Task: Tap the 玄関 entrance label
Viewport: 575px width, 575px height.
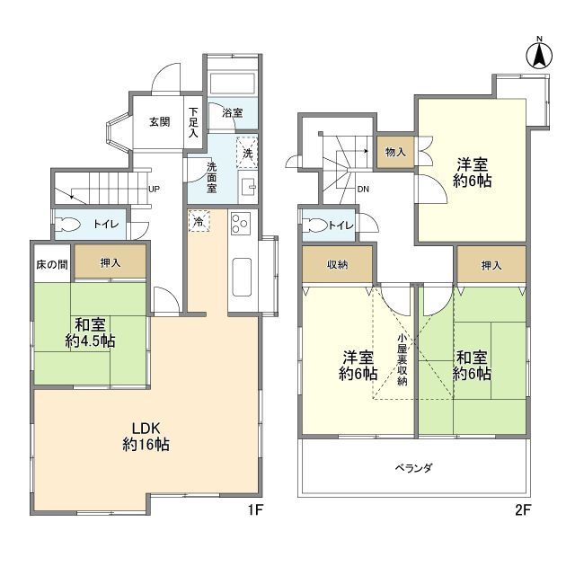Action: pos(160,121)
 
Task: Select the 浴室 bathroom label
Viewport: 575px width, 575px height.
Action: pos(232,112)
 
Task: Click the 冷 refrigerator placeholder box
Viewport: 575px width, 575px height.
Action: pos(199,221)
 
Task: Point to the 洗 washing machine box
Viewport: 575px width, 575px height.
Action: pos(247,153)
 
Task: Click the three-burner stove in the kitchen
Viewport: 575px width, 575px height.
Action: pos(241,224)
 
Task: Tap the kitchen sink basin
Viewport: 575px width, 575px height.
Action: pos(242,278)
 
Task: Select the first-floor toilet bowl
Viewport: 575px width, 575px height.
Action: pos(67,225)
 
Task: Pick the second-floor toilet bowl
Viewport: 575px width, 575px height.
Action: pos(315,226)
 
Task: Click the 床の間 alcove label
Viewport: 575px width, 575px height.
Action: pos(52,264)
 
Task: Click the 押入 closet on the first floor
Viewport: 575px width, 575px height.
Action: pos(111,261)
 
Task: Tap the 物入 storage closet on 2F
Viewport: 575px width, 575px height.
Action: pos(395,152)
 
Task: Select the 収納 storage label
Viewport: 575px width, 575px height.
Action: pos(338,265)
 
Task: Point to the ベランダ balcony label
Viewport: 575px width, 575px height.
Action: pos(413,468)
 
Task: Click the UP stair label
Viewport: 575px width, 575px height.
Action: pos(154,190)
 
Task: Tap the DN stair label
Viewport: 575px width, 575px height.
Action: pos(363,190)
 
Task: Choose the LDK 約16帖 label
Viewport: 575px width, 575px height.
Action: pos(146,437)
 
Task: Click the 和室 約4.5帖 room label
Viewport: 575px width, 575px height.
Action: pos(90,333)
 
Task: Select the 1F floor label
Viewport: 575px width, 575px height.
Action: pos(255,510)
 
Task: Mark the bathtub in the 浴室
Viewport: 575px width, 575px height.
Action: pos(232,84)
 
